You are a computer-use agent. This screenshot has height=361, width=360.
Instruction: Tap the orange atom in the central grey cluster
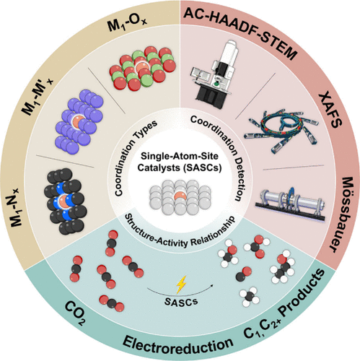pyautogui.click(x=180, y=197)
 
